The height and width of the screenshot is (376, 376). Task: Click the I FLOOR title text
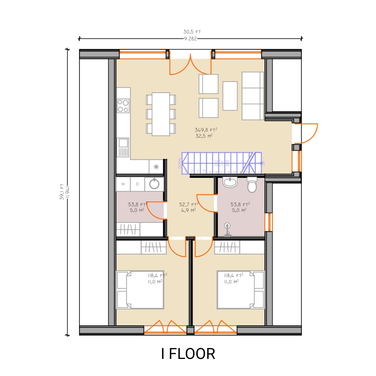tap(188, 354)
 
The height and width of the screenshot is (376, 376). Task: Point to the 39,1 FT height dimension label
tap(62, 192)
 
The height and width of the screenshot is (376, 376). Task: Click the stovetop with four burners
tap(123, 105)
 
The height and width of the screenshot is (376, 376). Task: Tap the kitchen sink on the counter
tap(123, 143)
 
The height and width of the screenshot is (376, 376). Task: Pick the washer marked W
tap(123, 184)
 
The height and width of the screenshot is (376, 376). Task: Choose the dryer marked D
tap(138, 184)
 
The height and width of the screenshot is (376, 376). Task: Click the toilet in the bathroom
tap(252, 185)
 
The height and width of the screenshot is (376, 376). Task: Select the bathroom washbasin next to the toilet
tap(230, 182)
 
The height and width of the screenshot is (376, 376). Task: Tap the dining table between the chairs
tap(161, 114)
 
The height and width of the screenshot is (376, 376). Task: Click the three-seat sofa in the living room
tap(253, 96)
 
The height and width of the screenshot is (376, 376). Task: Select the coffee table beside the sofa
tap(230, 96)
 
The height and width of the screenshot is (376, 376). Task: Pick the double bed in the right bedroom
tap(240, 290)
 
